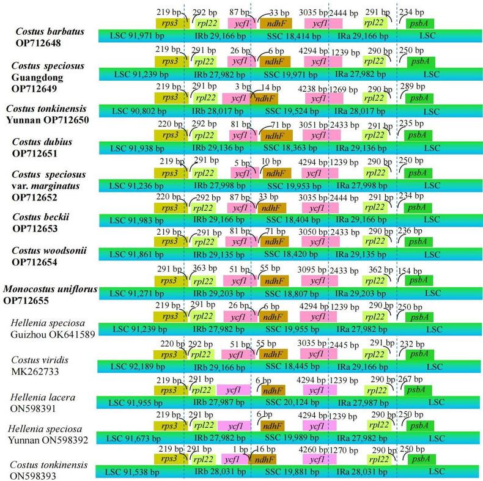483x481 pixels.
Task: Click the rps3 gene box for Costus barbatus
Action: tap(171, 23)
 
